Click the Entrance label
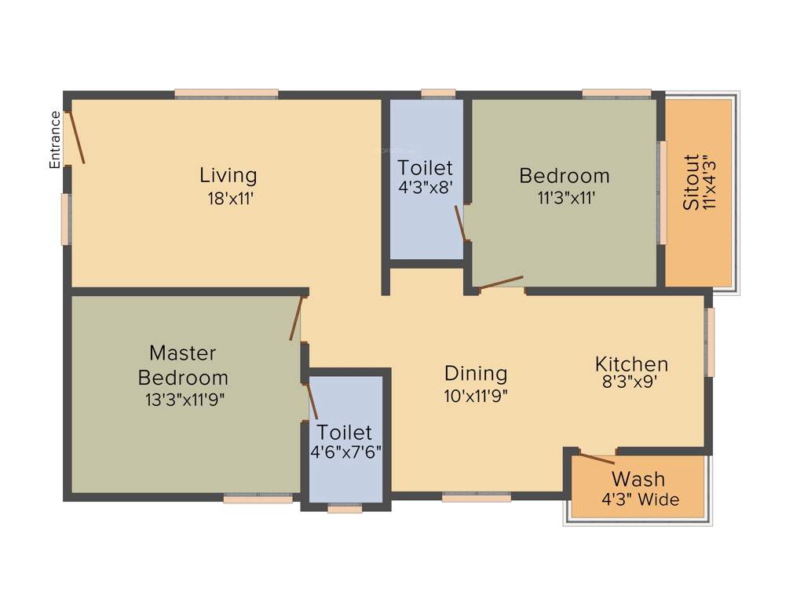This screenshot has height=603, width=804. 55,140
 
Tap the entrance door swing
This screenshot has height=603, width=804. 75,137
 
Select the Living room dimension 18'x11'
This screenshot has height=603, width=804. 228,199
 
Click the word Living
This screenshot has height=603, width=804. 228,174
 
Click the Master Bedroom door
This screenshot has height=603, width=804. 296,319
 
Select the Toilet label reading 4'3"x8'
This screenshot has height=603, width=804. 425,177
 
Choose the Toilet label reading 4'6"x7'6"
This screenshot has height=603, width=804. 345,442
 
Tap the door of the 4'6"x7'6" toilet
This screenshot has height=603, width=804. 311,401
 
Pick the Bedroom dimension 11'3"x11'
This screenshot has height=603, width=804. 565,199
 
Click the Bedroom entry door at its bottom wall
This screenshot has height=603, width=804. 501,283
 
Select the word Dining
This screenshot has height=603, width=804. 476,373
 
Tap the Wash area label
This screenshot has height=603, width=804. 638,478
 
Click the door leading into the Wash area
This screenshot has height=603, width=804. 597,459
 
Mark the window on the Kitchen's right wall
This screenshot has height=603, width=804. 710,342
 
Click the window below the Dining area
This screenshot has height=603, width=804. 477,496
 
